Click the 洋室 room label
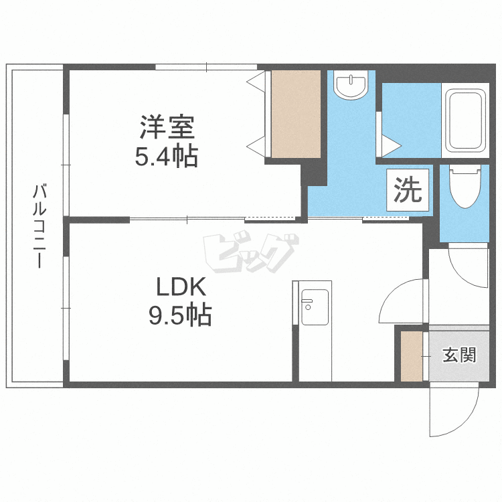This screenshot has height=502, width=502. (167, 127)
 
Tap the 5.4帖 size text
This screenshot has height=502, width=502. (167, 157)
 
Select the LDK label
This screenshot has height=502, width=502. (181, 287)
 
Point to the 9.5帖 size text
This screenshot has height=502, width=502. (180, 315)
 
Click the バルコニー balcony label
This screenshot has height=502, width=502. (39, 226)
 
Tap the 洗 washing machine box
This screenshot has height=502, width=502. (408, 190)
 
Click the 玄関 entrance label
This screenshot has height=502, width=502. (459, 355)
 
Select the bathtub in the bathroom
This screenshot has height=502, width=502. (466, 120)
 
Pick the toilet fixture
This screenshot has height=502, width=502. (465, 186)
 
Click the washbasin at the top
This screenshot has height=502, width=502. (351, 84)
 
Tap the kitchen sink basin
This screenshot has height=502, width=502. (315, 307)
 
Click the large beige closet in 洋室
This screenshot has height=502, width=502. (296, 114)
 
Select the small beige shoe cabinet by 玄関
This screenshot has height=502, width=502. (412, 356)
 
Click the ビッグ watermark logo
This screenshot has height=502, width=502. (251, 253)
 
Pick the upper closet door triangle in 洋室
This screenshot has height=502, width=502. (256, 82)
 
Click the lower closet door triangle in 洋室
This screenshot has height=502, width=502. (256, 147)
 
